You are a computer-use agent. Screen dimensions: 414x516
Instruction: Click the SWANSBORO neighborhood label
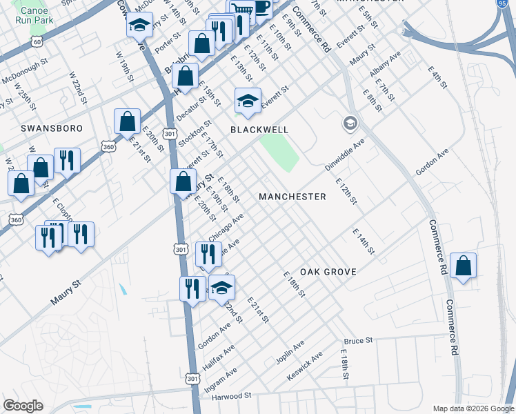[x=52, y=128]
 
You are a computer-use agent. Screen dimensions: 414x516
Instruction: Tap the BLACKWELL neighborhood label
[x=259, y=130]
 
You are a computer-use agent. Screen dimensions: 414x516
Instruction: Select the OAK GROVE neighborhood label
[x=328, y=272]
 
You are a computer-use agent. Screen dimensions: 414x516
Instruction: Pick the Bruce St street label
[x=358, y=341]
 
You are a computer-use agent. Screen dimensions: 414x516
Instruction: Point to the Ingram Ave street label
[x=221, y=380]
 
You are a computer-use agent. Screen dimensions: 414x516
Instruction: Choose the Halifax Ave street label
[x=219, y=358]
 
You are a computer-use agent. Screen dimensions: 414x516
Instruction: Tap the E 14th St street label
[x=363, y=241]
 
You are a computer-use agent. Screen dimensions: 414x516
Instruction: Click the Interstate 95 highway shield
[x=510, y=5]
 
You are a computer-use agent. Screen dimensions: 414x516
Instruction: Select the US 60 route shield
[x=37, y=42]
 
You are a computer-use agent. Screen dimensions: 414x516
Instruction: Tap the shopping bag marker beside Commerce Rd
[x=463, y=266]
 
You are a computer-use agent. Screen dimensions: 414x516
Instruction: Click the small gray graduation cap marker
[x=350, y=124]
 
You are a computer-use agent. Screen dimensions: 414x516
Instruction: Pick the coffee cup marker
[x=261, y=7]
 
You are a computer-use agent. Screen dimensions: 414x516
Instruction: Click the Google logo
[x=23, y=405]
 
